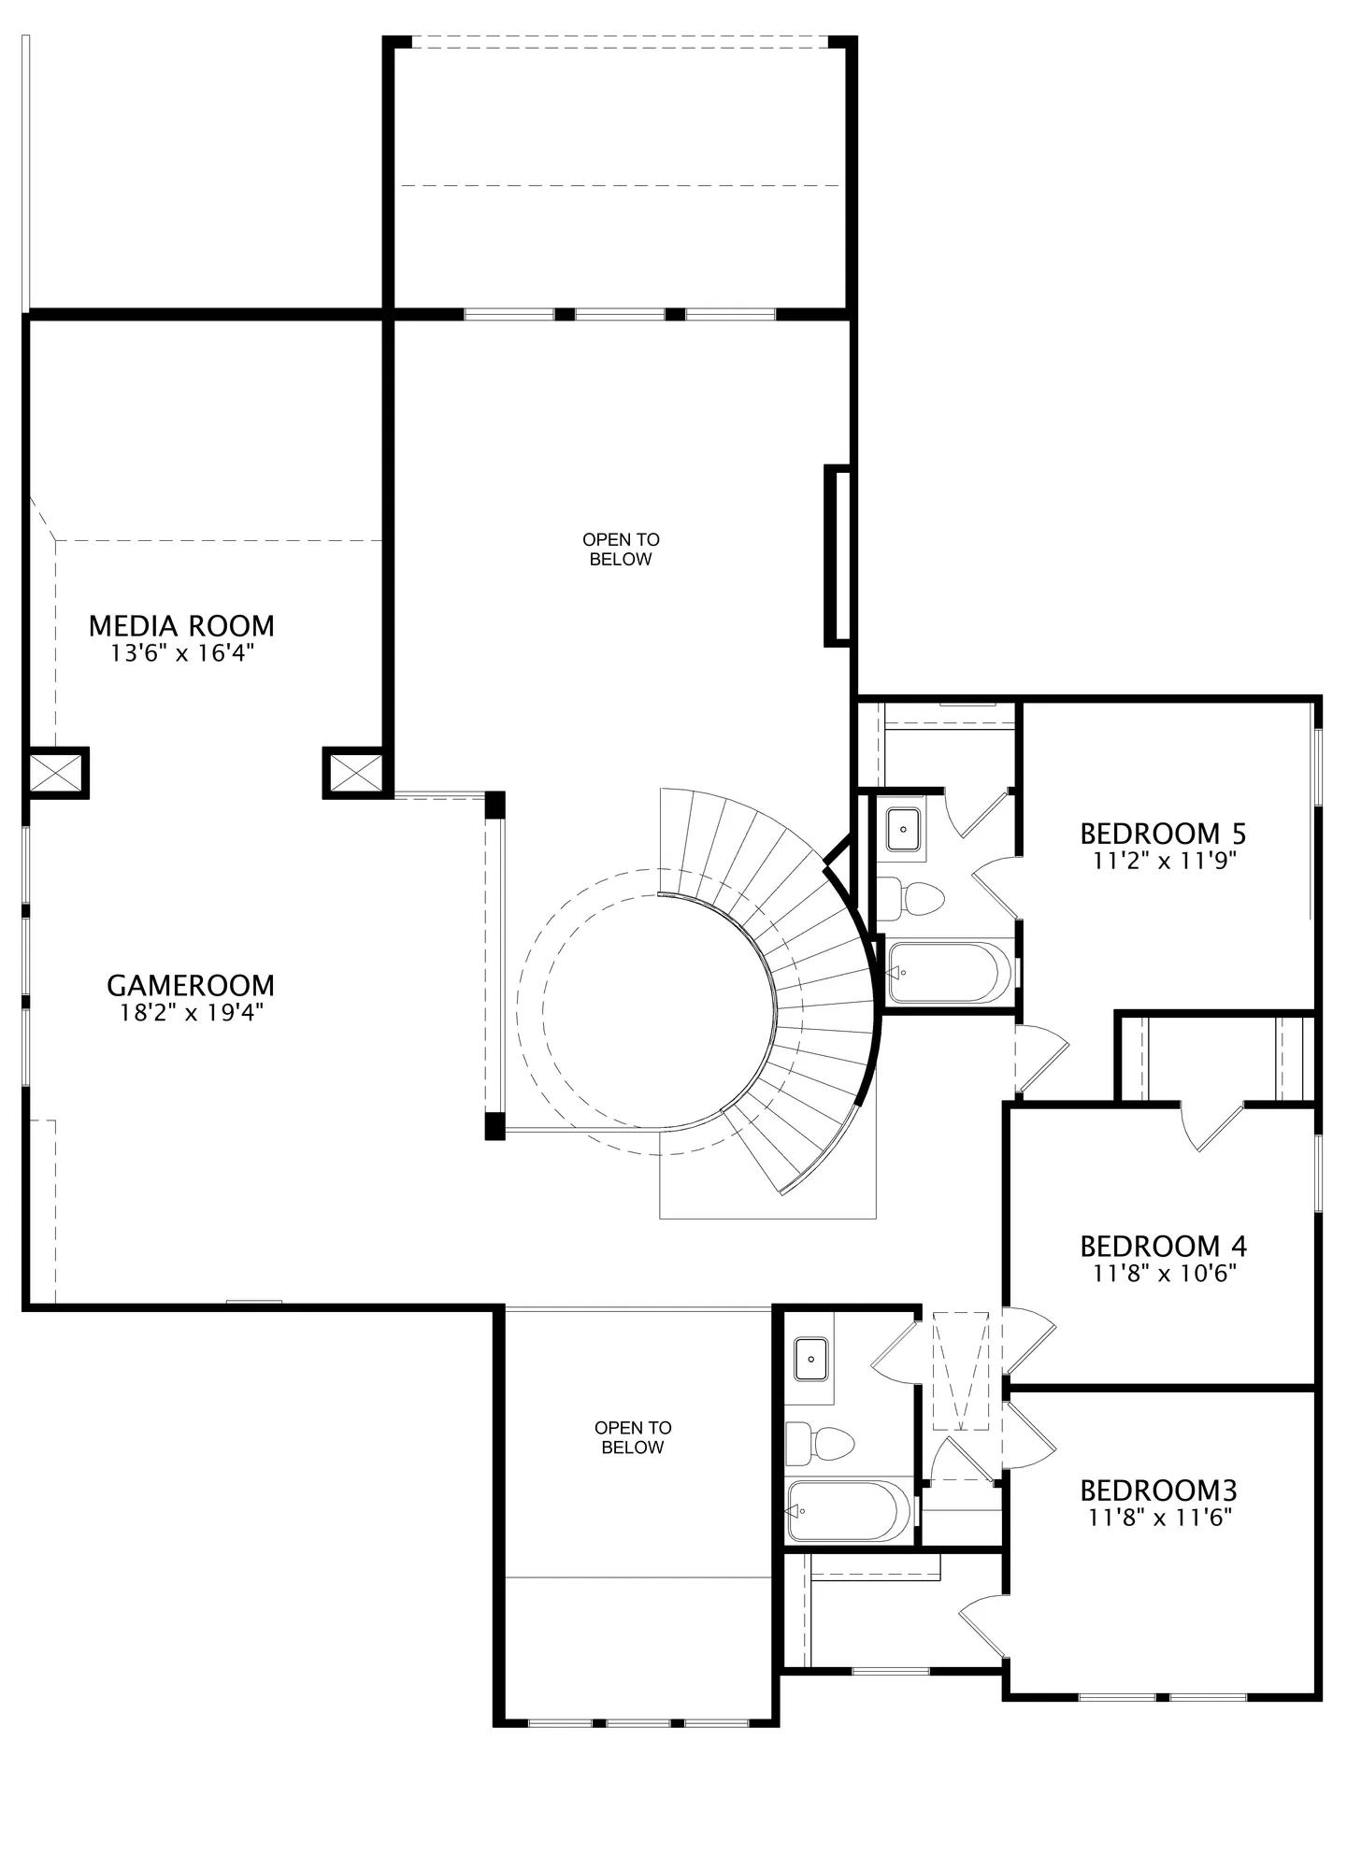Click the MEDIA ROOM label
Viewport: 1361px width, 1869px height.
(x=181, y=625)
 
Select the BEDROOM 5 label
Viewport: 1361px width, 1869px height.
(x=1164, y=833)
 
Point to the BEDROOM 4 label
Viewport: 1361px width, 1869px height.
(x=1164, y=1246)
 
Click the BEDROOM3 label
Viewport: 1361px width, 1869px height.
(x=1159, y=1489)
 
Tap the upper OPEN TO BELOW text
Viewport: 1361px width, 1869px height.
(x=621, y=549)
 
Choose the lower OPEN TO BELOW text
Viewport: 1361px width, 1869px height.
(x=633, y=1437)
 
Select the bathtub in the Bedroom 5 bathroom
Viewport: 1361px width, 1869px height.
(x=948, y=972)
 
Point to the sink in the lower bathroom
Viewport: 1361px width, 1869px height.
(x=811, y=1358)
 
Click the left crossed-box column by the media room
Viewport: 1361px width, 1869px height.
(x=56, y=773)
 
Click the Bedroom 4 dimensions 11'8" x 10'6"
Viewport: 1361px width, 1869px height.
(x=1165, y=1273)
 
